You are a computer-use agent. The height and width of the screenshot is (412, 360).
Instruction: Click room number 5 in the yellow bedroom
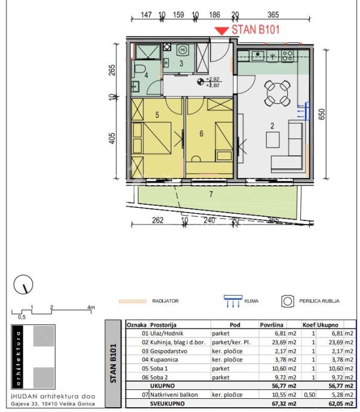pos(157,115)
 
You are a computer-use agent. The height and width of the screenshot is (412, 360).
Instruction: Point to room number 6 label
pos(201,134)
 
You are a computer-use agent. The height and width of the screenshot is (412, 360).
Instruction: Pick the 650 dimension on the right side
pos(323,115)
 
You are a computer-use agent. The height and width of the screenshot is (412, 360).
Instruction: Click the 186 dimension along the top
pos(215,14)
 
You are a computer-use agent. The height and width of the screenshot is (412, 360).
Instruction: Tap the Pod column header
pos(230,324)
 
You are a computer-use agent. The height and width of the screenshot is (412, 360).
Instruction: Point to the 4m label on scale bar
pos(91,307)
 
